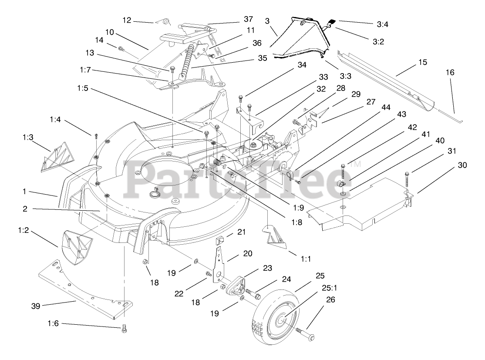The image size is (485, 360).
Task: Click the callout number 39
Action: (x=36, y=306)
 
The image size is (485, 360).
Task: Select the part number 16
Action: (x=450, y=72)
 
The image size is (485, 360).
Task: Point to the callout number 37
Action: (x=248, y=20)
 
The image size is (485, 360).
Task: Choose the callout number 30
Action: (x=462, y=165)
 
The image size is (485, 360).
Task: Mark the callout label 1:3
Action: (x=27, y=138)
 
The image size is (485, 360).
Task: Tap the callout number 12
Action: (x=127, y=20)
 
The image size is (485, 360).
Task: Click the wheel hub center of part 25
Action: (x=280, y=321)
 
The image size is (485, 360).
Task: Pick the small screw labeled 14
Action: (x=121, y=49)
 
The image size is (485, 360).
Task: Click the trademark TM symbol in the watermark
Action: (x=355, y=165)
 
